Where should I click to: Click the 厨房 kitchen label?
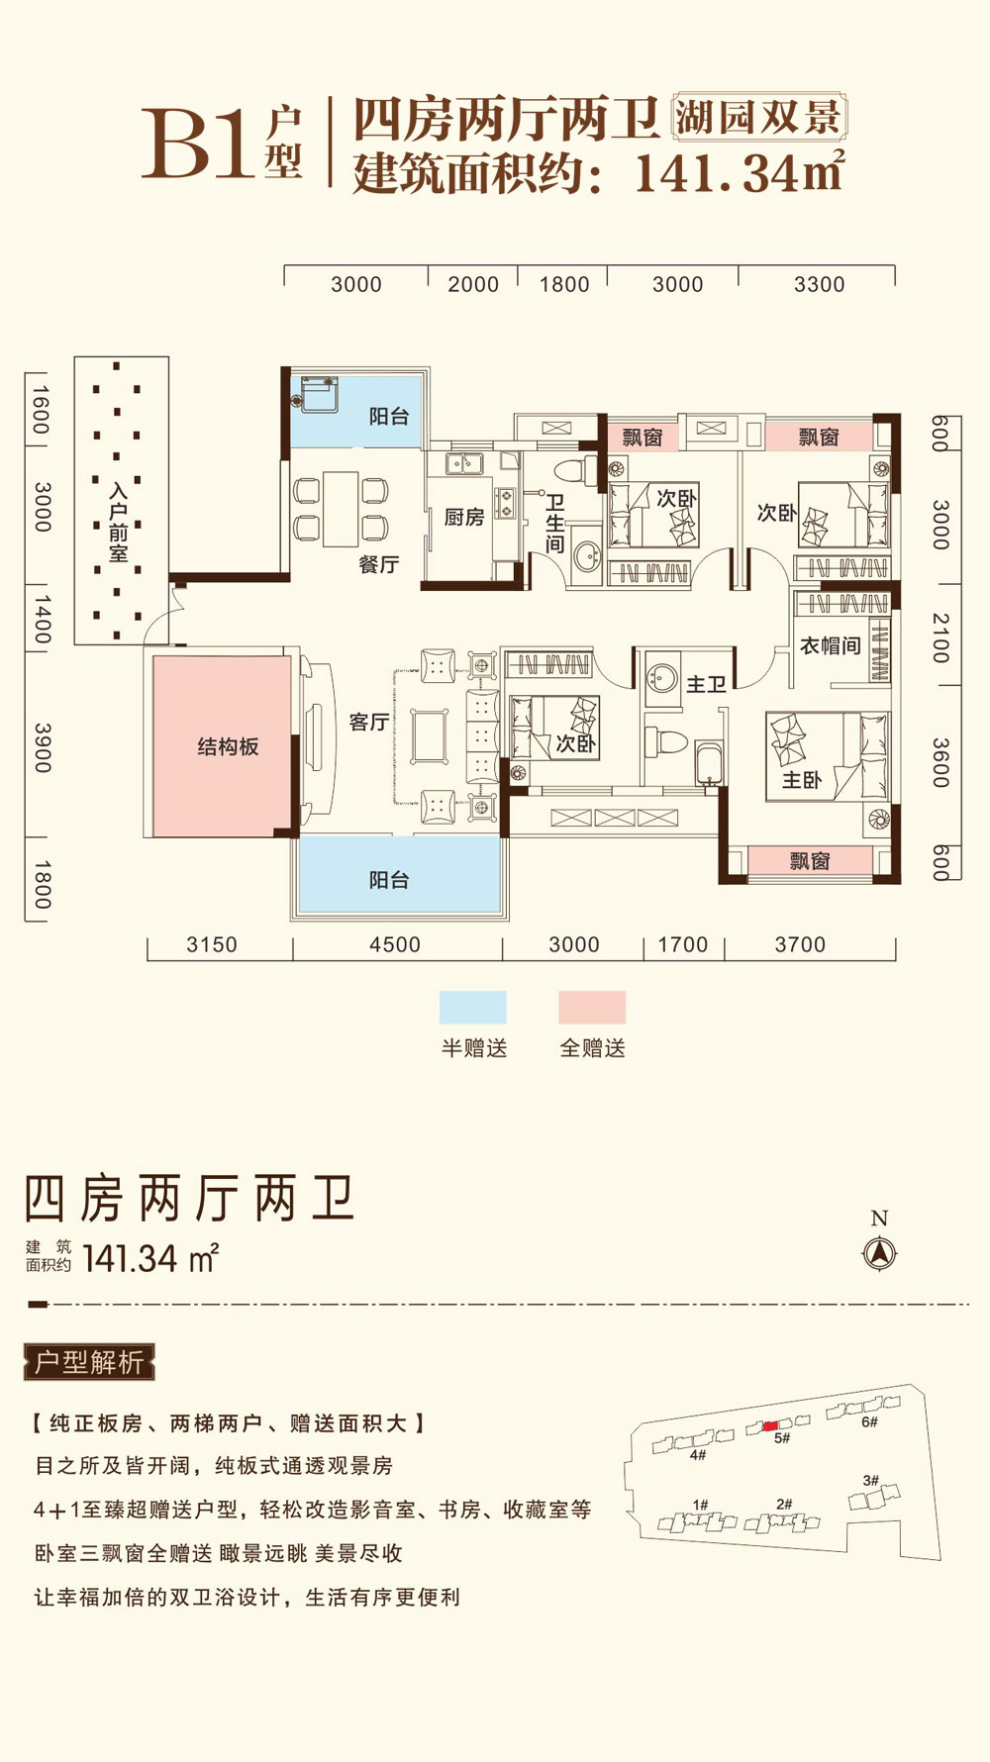tap(463, 517)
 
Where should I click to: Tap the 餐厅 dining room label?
tap(378, 564)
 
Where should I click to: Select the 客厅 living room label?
tap(368, 722)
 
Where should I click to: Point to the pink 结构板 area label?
tap(228, 747)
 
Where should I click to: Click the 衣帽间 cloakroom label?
tap(830, 645)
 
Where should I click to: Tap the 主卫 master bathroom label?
tap(706, 684)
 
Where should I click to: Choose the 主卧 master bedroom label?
tap(801, 780)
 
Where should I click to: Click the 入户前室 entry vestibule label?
tap(119, 522)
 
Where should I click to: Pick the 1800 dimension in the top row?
tap(563, 284)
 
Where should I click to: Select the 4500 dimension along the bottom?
tap(394, 944)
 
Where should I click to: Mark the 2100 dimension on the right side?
tap(940, 637)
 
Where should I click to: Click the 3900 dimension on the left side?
tap(42, 747)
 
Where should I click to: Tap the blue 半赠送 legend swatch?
tap(472, 1007)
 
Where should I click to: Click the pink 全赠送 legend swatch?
tap(592, 1007)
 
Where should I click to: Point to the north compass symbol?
tap(879, 1253)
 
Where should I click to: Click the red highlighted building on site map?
tap(770, 1425)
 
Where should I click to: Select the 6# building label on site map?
tap(869, 1421)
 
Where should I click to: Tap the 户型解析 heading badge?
tap(89, 1362)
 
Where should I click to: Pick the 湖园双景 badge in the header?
tap(758, 118)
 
